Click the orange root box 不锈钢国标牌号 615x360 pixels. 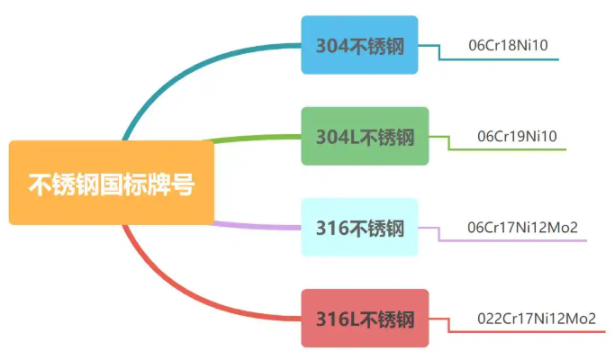pos(111,184)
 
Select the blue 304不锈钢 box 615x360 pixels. pos(359,45)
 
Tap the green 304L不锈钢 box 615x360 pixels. pos(365,137)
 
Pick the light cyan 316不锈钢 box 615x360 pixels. pos(359,228)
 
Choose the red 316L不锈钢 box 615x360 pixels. pos(365,319)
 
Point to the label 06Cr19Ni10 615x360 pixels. pos(518,136)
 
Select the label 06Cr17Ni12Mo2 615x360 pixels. pos(522,227)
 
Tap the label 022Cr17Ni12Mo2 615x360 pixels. pos(537,319)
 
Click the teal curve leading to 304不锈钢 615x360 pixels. pos(180,72)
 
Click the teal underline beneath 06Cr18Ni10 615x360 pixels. pos(504,59)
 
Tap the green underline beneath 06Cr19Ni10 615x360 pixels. pos(518,149)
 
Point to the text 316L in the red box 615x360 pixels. pos(337,319)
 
